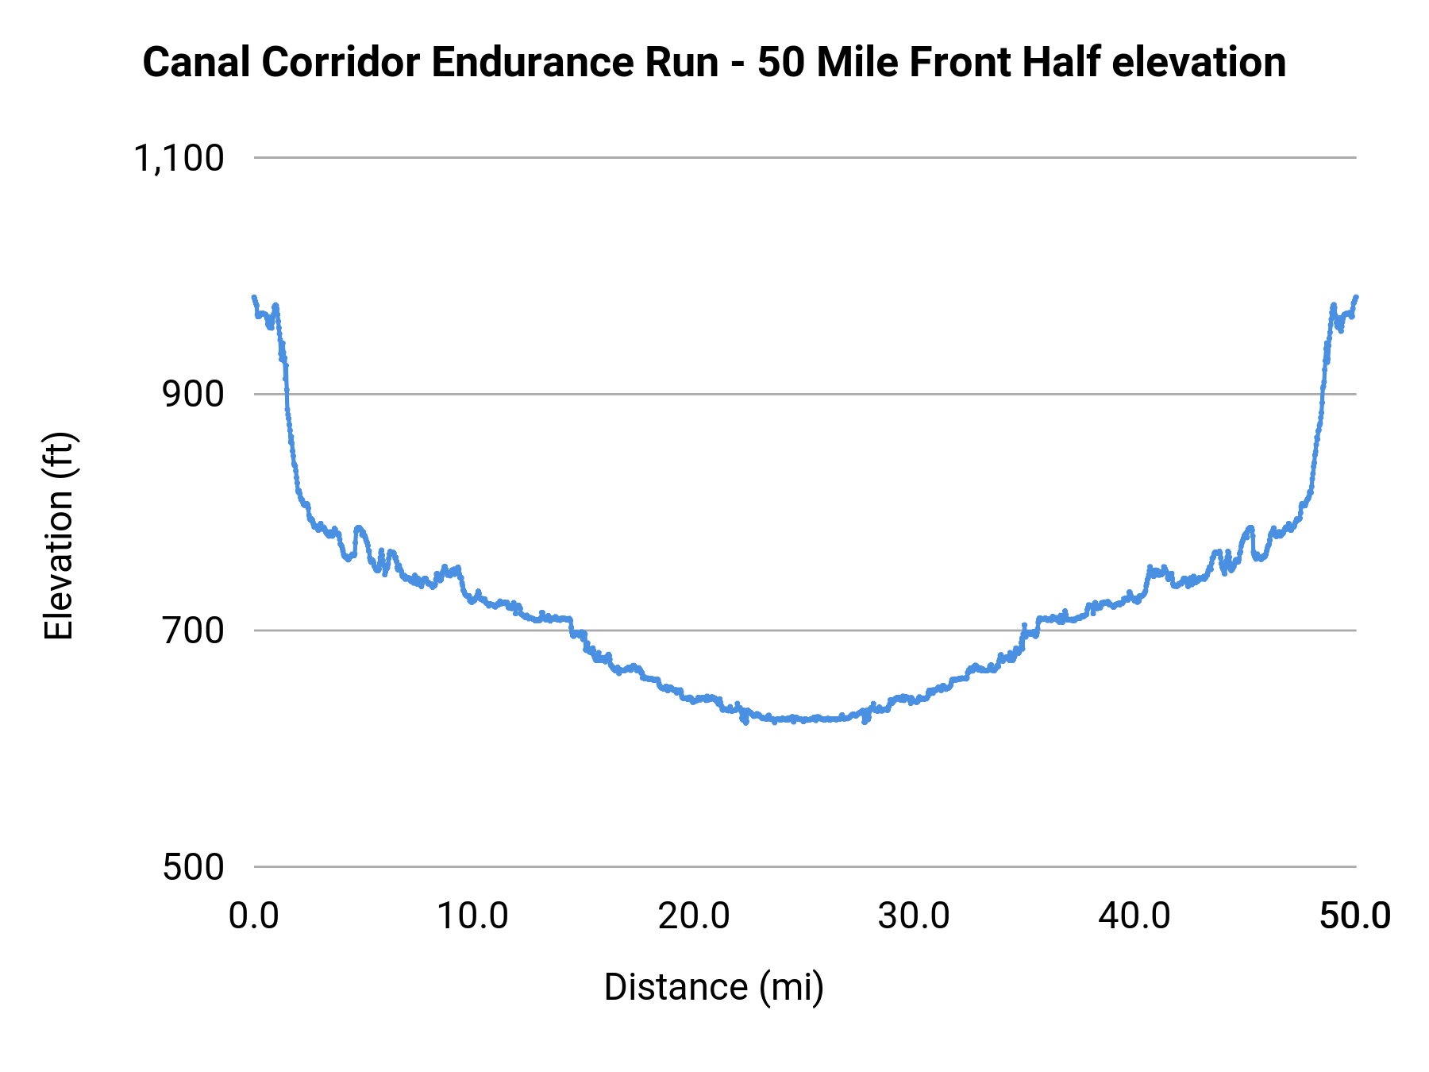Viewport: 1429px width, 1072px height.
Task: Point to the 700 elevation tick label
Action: pos(194,631)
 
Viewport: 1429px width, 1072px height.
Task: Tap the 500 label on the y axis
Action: pos(194,867)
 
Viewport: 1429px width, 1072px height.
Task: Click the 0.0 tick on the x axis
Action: pos(254,916)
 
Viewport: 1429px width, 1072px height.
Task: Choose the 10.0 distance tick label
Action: pos(473,916)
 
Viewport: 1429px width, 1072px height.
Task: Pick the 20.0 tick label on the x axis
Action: pos(694,916)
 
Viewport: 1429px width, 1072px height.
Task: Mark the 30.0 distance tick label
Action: pos(914,916)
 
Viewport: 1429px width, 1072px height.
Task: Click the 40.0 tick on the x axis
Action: pos(1134,916)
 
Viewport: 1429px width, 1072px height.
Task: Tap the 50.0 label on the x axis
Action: pos(1354,916)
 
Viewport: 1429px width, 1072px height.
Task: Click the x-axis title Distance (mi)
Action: pos(714,987)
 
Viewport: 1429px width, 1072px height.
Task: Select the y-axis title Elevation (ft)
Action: pos(59,536)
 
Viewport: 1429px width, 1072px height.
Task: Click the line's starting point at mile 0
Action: pos(254,298)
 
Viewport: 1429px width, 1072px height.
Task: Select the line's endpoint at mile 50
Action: pos(1356,297)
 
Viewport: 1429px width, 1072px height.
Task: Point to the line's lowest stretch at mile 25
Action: pos(805,719)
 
